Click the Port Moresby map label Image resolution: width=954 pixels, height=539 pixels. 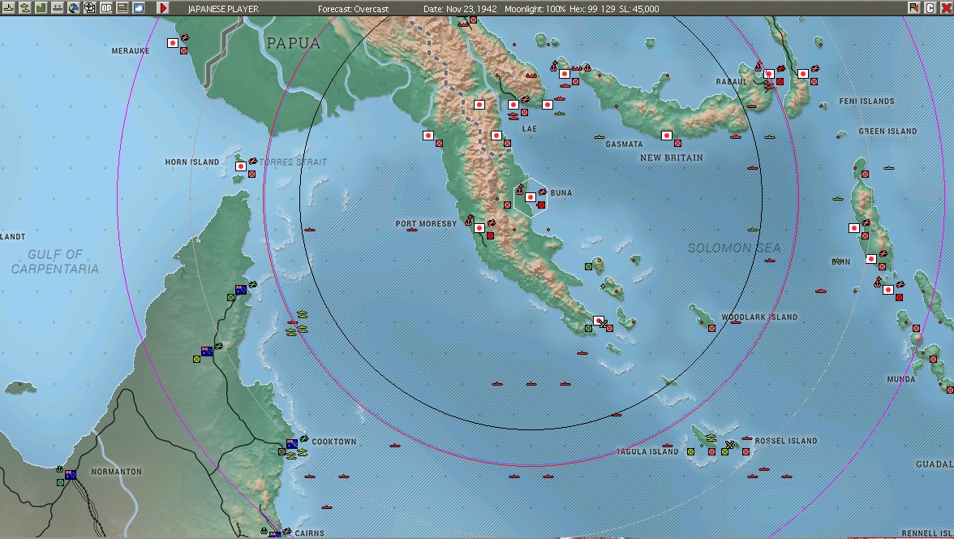click(x=426, y=224)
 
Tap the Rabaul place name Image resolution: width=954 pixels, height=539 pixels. click(x=731, y=82)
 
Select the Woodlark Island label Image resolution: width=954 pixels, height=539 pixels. click(x=758, y=317)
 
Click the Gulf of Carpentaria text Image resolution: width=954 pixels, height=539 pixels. click(x=55, y=261)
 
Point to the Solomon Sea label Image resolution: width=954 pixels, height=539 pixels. click(x=734, y=248)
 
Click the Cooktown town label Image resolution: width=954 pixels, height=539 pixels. click(x=333, y=442)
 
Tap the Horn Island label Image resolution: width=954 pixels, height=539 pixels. click(x=192, y=162)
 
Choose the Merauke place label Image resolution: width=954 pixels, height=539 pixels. click(x=131, y=51)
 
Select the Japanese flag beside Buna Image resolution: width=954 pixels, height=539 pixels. click(x=531, y=197)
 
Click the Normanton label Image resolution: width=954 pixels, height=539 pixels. click(x=116, y=472)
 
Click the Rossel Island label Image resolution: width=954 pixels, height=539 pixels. click(x=785, y=441)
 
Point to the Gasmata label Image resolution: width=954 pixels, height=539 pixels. click(x=624, y=144)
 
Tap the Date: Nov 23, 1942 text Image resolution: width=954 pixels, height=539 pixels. click(x=460, y=9)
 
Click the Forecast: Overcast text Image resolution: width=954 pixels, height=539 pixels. click(x=353, y=9)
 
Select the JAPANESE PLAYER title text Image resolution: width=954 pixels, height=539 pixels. click(x=223, y=9)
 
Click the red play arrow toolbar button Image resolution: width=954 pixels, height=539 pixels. click(x=163, y=8)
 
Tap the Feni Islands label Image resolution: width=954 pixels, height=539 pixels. click(x=866, y=101)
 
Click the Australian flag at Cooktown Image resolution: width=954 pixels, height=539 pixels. click(x=291, y=444)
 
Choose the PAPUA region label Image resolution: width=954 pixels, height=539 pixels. click(x=293, y=44)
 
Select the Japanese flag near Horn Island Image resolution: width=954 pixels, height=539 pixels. click(x=241, y=166)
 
